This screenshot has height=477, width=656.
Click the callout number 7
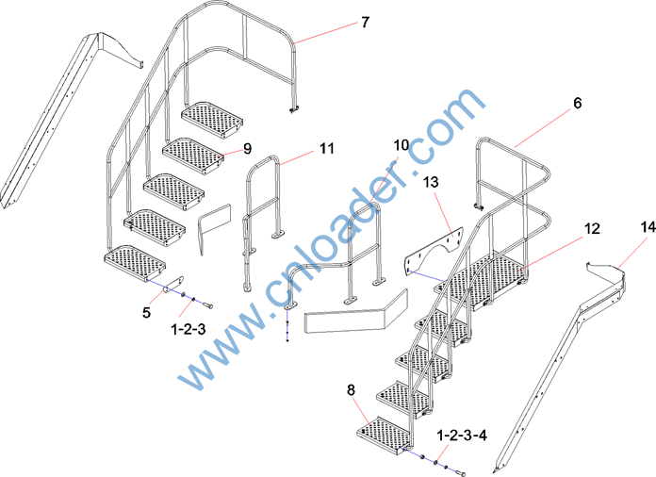point(366,23)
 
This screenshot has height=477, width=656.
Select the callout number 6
point(578,103)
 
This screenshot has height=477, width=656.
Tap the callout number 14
point(648,227)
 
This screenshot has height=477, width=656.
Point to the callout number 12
point(592,228)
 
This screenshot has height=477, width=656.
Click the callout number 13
point(431,182)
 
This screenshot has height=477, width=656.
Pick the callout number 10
point(401,145)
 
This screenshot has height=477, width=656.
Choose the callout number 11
point(327,148)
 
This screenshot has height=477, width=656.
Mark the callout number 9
point(247,149)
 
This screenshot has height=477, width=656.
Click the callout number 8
point(351,390)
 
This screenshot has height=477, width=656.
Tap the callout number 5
point(146,312)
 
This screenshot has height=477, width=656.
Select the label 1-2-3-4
point(462,436)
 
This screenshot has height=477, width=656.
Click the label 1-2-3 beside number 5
point(189,329)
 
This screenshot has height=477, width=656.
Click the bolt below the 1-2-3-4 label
point(459,473)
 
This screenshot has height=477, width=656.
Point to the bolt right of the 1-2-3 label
point(207,305)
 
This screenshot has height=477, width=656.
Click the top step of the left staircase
point(212,119)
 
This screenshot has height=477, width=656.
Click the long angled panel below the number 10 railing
point(356,312)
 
